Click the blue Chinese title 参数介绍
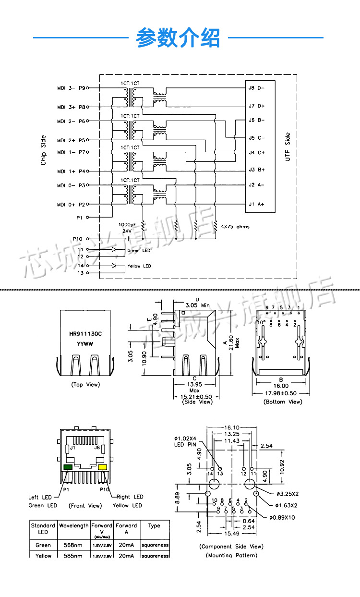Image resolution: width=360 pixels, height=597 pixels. tap(178, 38)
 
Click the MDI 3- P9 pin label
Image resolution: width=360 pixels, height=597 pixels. tap(71, 88)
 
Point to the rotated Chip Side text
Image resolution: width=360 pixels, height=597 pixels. tap(43, 150)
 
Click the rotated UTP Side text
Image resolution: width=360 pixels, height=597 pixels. tap(288, 146)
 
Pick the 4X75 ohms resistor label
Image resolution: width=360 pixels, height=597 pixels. tap(235, 227)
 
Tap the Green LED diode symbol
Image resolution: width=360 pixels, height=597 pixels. tap(114, 250)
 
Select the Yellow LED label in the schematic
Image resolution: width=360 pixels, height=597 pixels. tap(139, 266)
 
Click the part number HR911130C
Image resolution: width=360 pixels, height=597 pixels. tap(85, 334)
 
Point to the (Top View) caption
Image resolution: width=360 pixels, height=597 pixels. tap(85, 385)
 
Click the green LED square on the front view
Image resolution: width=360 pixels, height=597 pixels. tap(68, 467)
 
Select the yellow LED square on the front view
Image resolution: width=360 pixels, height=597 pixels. tap(102, 467)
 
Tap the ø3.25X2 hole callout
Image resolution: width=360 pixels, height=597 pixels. tap(288, 494)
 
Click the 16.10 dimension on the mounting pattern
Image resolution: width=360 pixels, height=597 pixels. tap(232, 427)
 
